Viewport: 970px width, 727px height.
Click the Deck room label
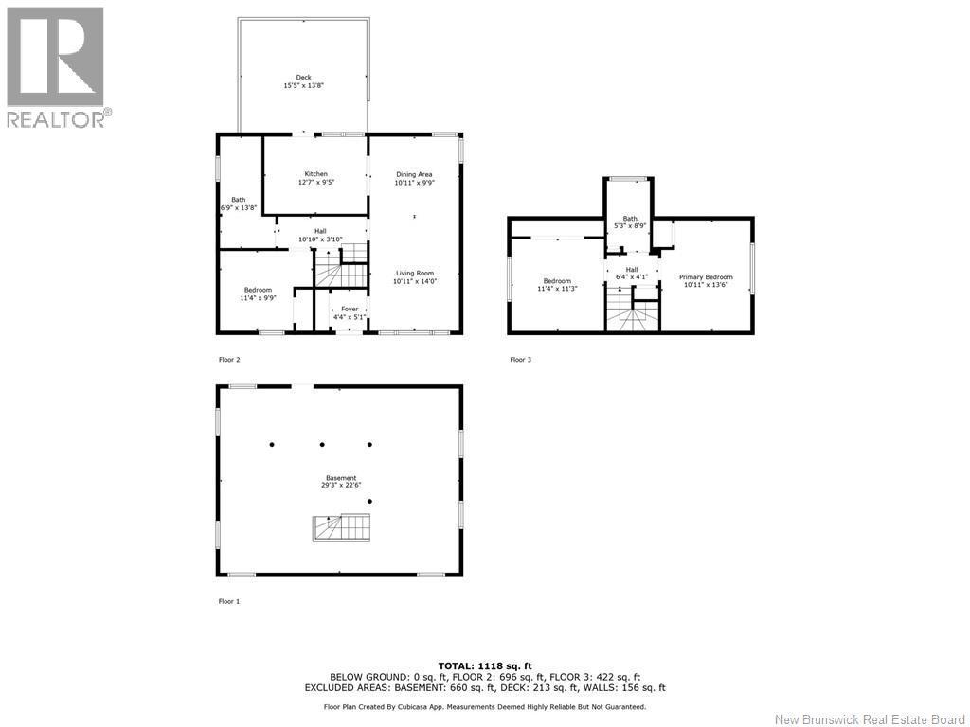[x=303, y=78]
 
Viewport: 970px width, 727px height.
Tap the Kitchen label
[x=315, y=174]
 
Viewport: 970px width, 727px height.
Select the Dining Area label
[x=414, y=174]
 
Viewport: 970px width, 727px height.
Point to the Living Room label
[x=415, y=273]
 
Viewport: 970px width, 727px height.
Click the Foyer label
[x=350, y=309]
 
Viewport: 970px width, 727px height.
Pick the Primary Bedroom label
[x=705, y=277]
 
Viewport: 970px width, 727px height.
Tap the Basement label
[x=341, y=478]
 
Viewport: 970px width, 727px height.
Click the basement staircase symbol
[x=340, y=527]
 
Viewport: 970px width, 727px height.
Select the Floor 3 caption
[x=519, y=360]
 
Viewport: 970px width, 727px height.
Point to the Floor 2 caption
[x=229, y=360]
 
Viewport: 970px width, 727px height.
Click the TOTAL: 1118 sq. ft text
[x=484, y=665]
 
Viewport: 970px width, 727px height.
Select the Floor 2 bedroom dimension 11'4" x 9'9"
[x=258, y=298]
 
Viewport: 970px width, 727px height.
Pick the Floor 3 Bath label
[x=630, y=219]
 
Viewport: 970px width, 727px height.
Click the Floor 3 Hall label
[x=631, y=270]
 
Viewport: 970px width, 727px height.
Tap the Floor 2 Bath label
[x=238, y=199]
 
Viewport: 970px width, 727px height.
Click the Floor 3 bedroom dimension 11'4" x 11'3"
[x=557, y=289]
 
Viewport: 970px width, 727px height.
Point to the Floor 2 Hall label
[x=320, y=231]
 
